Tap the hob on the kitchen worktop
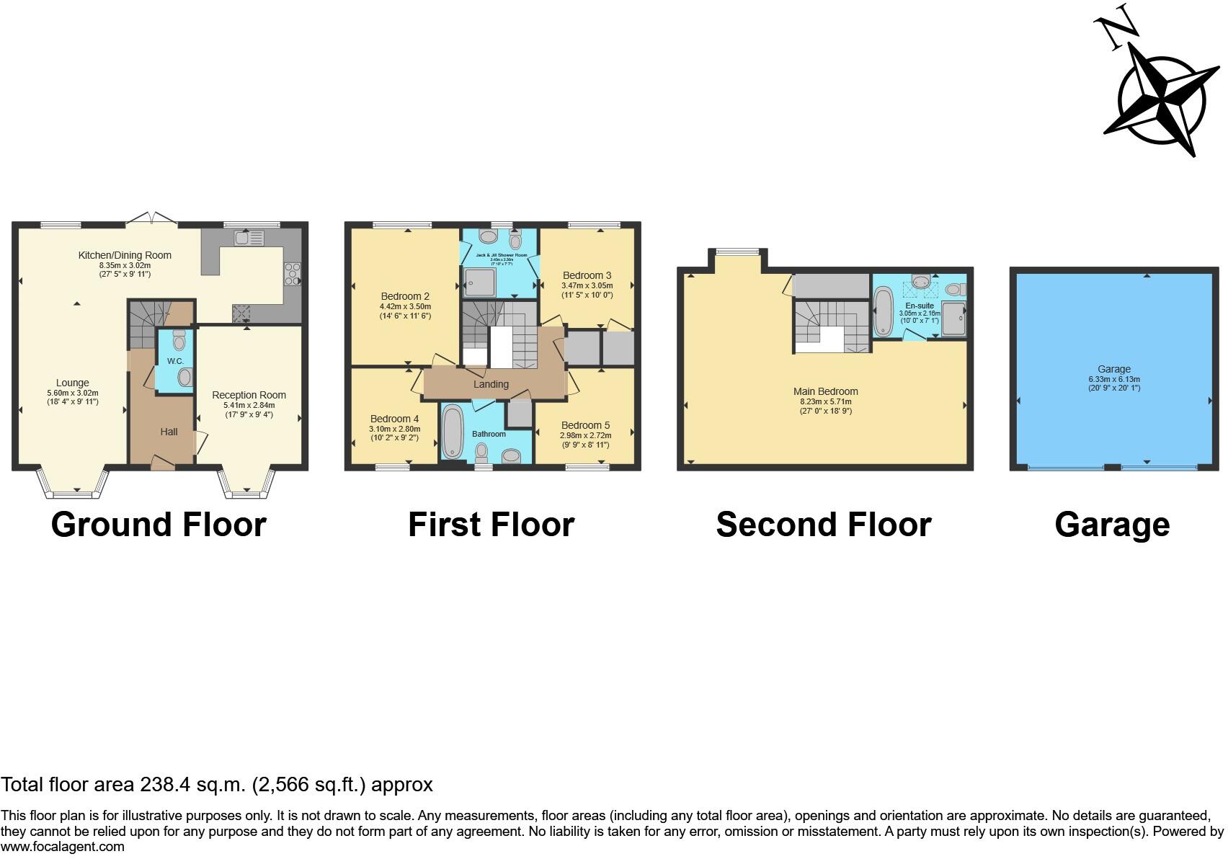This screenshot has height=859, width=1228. tap(293, 275)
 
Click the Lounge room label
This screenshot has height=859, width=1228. tap(73, 383)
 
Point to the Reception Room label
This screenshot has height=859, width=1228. tap(249, 395)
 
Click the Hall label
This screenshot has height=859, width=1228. tap(169, 432)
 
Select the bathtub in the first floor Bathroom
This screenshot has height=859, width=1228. tap(453, 432)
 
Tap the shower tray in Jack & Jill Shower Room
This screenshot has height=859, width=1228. tap(479, 282)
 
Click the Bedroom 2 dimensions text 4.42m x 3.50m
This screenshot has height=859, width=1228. tap(405, 307)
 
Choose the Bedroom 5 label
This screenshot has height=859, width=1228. tap(585, 425)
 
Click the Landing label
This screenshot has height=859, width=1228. tap(491, 384)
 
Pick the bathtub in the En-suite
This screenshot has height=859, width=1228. tap(884, 311)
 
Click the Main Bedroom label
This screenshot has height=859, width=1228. tap(825, 392)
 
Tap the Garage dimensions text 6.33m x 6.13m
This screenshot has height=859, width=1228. tap(1114, 379)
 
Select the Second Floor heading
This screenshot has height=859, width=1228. tap(823, 525)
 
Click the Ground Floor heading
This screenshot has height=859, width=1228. tap(159, 525)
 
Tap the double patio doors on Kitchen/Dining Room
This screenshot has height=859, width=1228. tap(152, 218)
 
